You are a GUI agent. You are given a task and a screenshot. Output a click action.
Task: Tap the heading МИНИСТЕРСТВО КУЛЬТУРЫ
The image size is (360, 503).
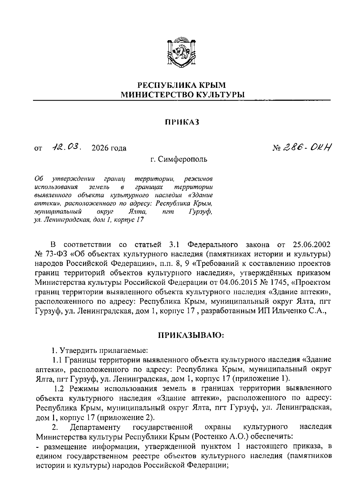tap(182, 95)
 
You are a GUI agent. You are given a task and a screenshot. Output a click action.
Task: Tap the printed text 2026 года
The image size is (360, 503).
tap(109, 148)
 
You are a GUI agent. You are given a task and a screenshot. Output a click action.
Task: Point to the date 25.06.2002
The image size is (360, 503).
tap(312, 245)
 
